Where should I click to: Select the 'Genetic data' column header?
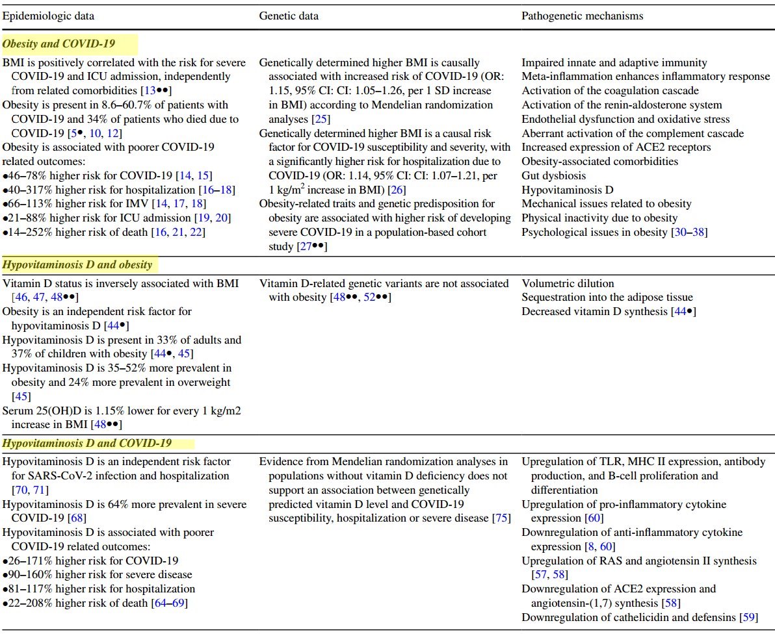(287, 15)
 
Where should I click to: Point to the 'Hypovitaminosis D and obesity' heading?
(77, 264)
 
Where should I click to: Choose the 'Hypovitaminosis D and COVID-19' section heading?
(87, 443)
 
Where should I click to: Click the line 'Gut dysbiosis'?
(553, 175)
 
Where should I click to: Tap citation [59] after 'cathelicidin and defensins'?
(748, 616)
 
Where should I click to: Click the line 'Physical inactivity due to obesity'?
(599, 218)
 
